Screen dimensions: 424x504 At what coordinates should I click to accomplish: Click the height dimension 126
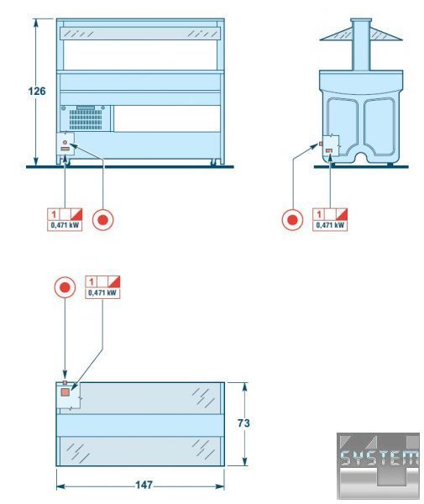(x=37, y=92)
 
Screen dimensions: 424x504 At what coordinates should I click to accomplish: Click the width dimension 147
(x=144, y=485)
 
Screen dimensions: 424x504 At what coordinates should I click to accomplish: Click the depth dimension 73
(x=243, y=423)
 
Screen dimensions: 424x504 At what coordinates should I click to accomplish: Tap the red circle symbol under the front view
(x=102, y=220)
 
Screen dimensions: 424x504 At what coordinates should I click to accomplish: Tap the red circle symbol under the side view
(x=292, y=220)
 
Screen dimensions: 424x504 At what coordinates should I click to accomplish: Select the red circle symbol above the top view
(x=65, y=287)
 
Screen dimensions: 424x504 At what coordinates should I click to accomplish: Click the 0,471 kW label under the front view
(x=65, y=225)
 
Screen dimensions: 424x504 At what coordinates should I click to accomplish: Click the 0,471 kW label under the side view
(x=330, y=225)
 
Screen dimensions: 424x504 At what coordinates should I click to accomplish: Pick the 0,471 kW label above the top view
(x=102, y=293)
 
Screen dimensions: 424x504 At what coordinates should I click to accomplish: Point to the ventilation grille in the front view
(x=86, y=119)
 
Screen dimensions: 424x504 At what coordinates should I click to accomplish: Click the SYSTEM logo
(x=379, y=465)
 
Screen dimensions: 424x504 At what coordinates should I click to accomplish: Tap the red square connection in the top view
(x=65, y=392)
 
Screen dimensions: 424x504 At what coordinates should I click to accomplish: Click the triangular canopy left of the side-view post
(x=336, y=35)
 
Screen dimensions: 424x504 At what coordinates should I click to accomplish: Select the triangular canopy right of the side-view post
(x=386, y=35)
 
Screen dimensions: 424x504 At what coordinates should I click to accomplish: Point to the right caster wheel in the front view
(x=212, y=163)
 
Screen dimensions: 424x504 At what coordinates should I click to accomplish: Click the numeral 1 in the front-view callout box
(x=54, y=214)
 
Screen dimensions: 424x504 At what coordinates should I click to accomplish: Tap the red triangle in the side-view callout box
(x=343, y=213)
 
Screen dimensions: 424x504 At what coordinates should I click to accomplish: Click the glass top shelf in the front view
(x=140, y=34)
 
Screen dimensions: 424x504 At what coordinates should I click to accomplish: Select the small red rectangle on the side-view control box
(x=329, y=150)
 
